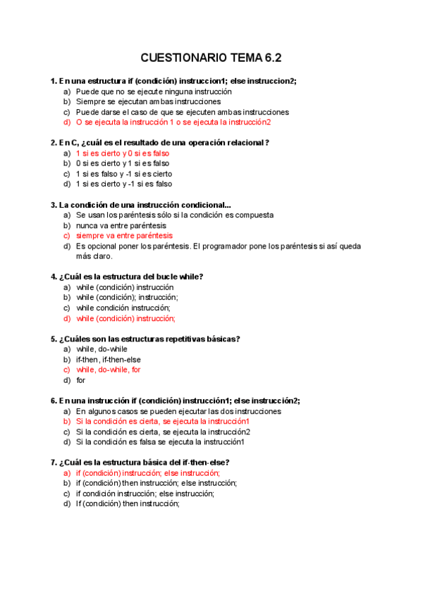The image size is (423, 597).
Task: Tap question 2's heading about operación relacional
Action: point(160,142)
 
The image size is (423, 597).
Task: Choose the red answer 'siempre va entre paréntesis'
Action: point(124,236)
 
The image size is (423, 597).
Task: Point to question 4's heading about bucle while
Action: point(131,277)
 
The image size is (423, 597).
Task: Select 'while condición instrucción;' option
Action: point(123,308)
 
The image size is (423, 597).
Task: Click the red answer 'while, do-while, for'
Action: point(109,370)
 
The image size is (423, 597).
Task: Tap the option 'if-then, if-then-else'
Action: point(109,359)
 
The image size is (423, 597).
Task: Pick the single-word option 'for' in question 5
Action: point(81,380)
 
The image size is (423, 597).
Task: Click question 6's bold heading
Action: point(175,401)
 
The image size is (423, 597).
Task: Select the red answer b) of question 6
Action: point(163,421)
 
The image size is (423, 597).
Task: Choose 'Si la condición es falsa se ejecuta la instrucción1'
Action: point(160,442)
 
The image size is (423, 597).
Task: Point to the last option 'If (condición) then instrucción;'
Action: point(128,503)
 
